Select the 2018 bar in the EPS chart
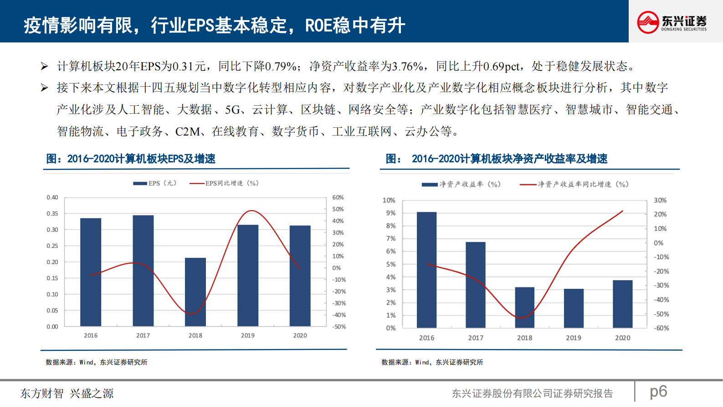pos(195,292)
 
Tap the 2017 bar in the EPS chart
pos(143,271)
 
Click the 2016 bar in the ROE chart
pos(426,270)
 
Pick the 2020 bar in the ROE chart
pos(623,304)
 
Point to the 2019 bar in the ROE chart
pos(574,308)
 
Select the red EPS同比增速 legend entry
pos(224,183)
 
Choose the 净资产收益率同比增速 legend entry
pos(574,184)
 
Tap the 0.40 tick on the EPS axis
pos(52,198)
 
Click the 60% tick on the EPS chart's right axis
pos(338,198)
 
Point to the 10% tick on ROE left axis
pos(389,200)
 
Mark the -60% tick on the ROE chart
pos(661,328)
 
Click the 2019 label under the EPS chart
pos(248,335)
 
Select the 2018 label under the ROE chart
pos(524,338)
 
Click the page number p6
pos(658,391)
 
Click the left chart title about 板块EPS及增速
pos(131,159)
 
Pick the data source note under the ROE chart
pos(432,362)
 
